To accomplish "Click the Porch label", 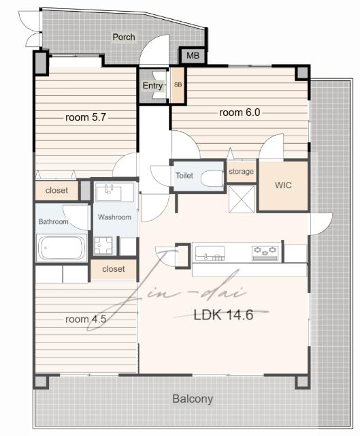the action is coord(124,37).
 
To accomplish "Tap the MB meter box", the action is coord(193,56).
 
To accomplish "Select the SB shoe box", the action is coord(178,85).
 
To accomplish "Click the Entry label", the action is coord(152,86).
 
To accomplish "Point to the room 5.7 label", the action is coord(86,117).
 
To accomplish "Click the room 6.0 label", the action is coord(240,112).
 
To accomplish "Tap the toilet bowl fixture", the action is coord(212,178).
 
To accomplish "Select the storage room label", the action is coord(241,172).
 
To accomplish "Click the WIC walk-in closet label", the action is coord(283,185).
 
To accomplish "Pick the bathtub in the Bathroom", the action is coord(62,248).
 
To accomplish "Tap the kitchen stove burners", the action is coord(265,253).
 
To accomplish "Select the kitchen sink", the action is coord(210,253).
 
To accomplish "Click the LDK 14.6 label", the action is coord(223,315).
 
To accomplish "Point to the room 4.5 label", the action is coord(86,320).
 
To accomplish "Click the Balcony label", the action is coord(193,399).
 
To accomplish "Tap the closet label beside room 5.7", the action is coord(56,191).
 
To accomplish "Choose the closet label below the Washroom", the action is coord(114,269).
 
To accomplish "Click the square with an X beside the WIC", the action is coord(242,200).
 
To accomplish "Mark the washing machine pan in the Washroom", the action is coord(103,246).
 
